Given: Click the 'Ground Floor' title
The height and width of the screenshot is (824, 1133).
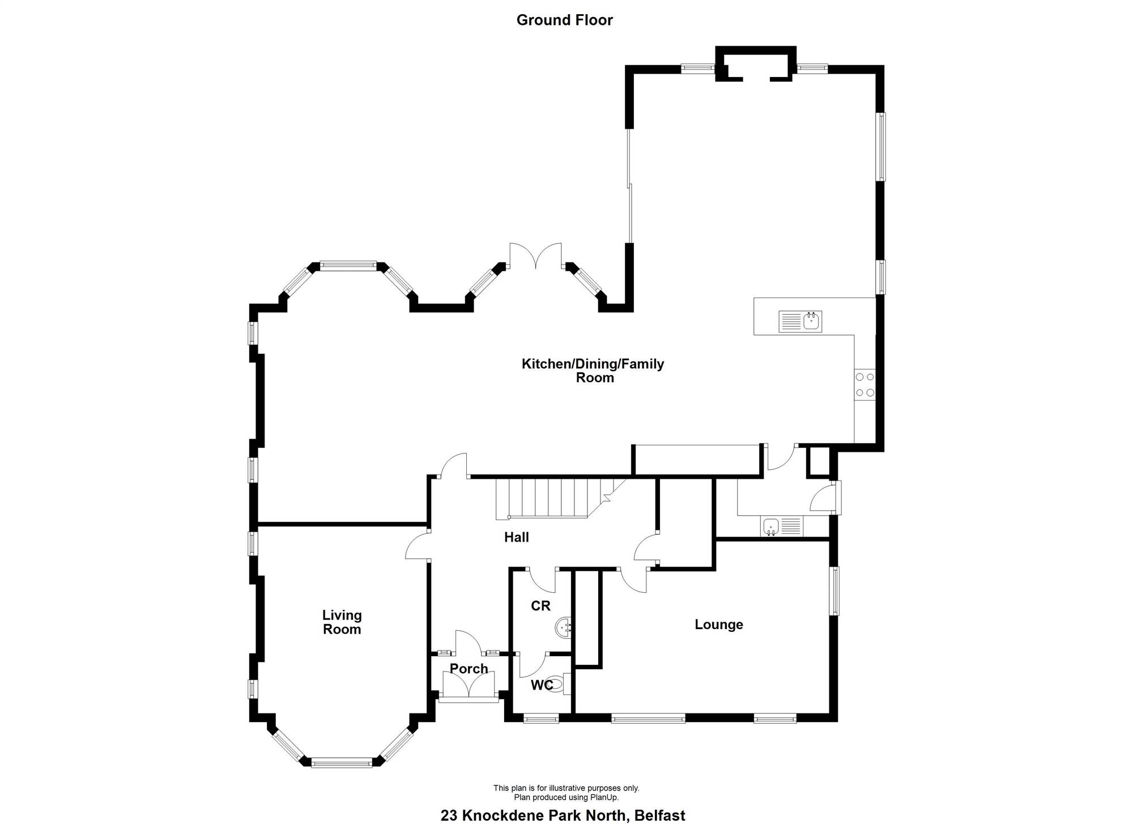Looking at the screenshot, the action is (564, 20).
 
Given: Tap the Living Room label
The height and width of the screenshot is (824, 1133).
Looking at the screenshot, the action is (342, 622).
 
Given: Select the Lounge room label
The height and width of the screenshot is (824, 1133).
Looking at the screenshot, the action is (719, 625).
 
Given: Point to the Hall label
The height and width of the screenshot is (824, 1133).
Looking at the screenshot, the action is (517, 537).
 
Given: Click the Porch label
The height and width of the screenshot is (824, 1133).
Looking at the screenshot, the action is (468, 669).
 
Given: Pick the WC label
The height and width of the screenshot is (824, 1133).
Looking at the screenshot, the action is (542, 686).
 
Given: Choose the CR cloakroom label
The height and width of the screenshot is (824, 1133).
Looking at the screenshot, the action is (540, 606).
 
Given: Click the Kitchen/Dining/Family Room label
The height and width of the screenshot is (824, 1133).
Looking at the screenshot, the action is (593, 371).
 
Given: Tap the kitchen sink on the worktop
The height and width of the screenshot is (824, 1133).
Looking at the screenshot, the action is (800, 321).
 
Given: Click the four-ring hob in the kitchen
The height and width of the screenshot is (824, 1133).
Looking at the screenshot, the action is (865, 385).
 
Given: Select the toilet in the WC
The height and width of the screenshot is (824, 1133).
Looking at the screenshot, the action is (559, 685).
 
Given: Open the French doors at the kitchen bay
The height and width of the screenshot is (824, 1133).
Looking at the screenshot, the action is (535, 256).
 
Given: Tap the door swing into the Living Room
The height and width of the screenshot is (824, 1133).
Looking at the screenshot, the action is (418, 545).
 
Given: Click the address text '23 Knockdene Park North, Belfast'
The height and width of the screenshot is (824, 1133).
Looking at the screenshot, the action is (563, 815).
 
